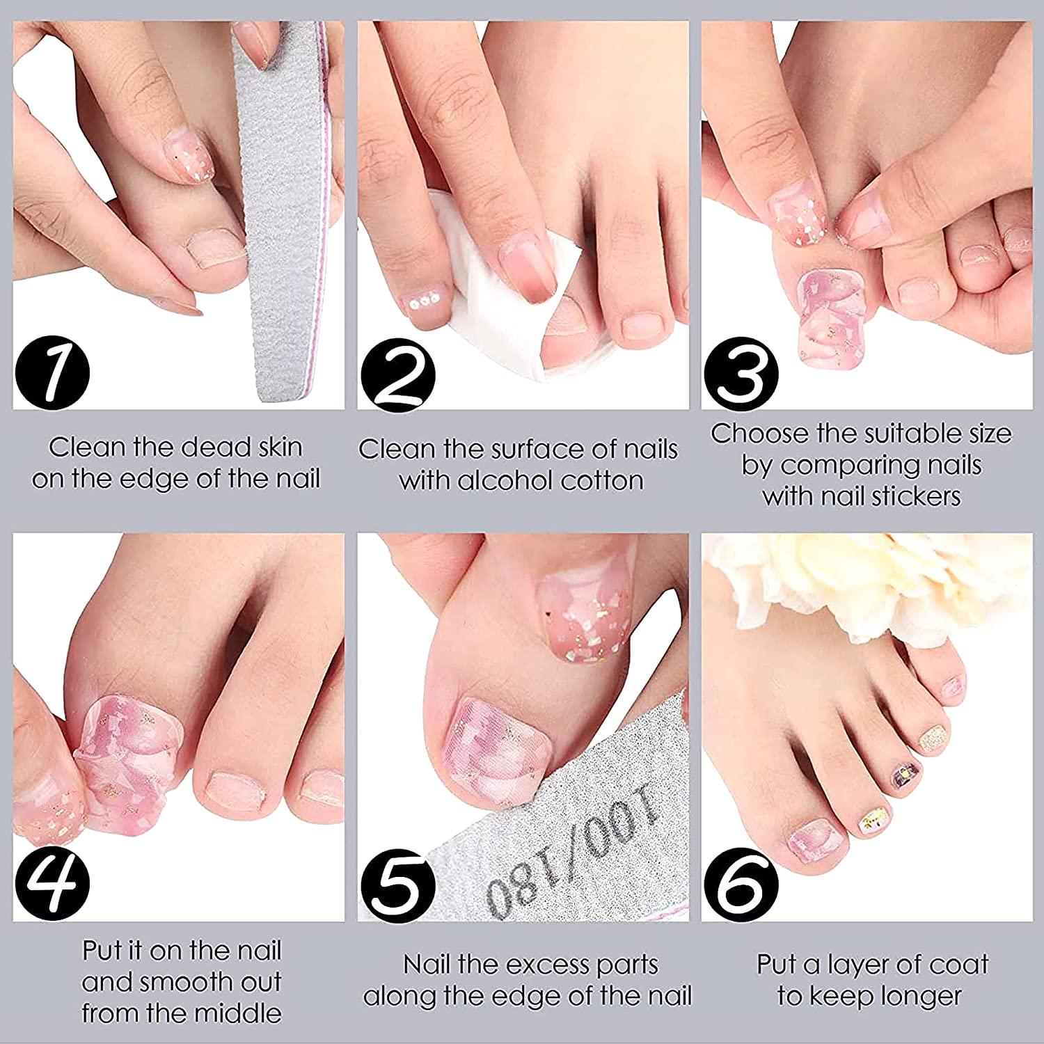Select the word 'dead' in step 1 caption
pos(206,447)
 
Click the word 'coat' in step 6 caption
pos(960,965)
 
